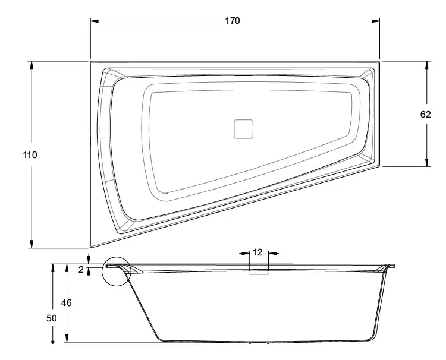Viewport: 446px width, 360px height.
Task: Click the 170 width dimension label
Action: pos(233,21)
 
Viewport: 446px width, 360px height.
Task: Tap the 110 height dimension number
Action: pos(30,155)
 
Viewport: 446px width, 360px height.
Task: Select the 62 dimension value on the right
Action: pos(426,115)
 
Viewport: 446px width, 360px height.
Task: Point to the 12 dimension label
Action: pos(257,252)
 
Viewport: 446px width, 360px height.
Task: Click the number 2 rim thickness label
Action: pos(81,269)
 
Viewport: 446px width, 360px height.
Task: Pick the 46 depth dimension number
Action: pos(66,303)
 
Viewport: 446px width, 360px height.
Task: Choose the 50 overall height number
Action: pos(52,318)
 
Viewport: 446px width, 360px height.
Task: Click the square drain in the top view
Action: pos(243,129)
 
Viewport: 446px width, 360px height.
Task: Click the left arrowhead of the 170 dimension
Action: pos(95,21)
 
